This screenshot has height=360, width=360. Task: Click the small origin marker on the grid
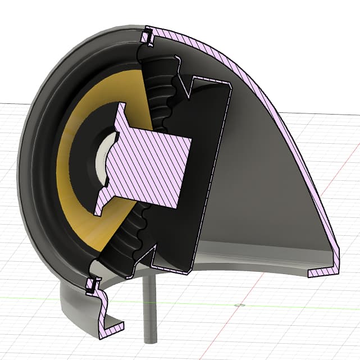point(240,305)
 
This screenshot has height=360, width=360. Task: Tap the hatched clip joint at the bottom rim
point(90,288)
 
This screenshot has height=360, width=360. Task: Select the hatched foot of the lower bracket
point(112,326)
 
